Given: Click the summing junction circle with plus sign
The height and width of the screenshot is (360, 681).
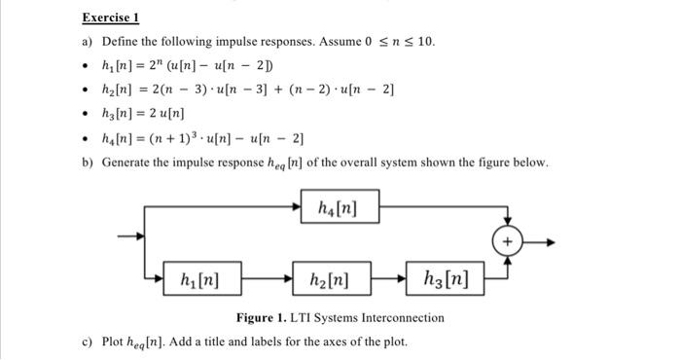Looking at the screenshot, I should pyautogui.click(x=508, y=240).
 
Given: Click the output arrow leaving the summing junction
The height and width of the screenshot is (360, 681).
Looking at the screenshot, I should pyautogui.click(x=541, y=240).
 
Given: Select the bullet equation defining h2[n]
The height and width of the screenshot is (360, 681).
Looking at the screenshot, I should pyautogui.click(x=248, y=90).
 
